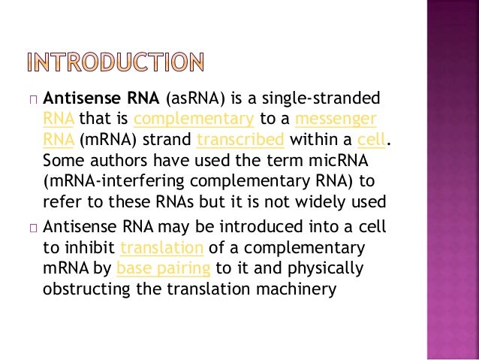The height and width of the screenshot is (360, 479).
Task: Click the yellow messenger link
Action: click(x=336, y=119)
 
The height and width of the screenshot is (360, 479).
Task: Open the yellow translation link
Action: click(x=162, y=249)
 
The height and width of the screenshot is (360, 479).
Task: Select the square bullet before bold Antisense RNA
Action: click(x=32, y=99)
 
